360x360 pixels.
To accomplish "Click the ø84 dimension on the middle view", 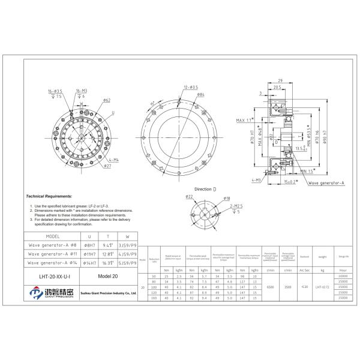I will [x=201, y=95].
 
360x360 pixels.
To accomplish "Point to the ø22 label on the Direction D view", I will [x=187, y=197].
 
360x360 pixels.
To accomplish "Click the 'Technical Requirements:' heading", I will [x=49, y=196].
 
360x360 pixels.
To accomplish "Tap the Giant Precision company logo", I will [x=51, y=294].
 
